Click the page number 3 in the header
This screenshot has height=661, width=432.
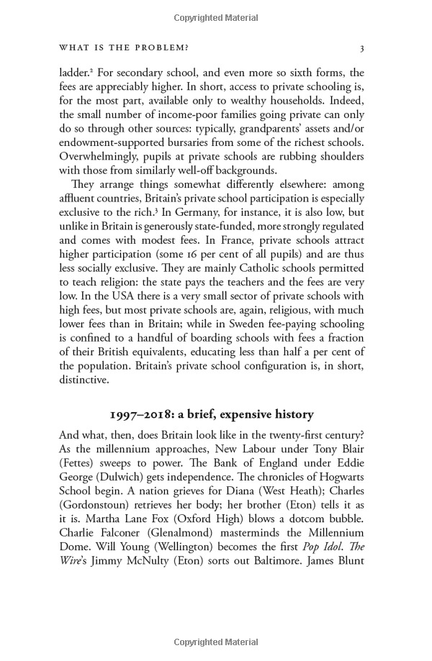362,48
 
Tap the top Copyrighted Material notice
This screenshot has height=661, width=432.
215,15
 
